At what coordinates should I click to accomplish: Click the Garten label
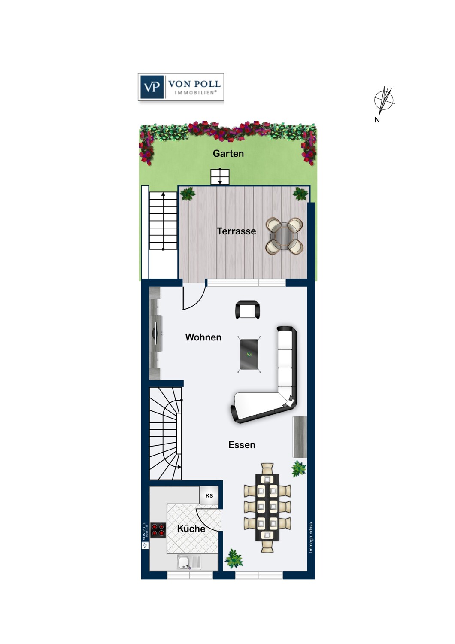pos(228,154)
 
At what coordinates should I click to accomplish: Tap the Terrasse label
pos(236,231)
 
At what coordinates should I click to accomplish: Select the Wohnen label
pos(203,337)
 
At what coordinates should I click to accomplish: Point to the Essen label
pos(242,445)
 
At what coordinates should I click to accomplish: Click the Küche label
pos(191,529)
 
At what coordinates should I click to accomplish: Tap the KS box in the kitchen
pos(209,495)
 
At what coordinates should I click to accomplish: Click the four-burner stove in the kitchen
pos(158,530)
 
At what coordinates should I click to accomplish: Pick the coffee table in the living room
pos(249,354)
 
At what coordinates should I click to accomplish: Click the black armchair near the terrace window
pos(248,310)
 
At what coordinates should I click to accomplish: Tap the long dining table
pos(267,507)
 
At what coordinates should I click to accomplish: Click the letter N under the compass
pos(377,120)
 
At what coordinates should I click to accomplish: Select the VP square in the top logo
pos(152,87)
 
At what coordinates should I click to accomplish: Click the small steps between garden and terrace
pos(220,176)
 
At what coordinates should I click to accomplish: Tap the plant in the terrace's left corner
pos(188,194)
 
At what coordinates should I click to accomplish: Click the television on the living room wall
pos(156,333)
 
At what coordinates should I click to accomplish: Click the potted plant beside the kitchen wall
pos(234,559)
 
